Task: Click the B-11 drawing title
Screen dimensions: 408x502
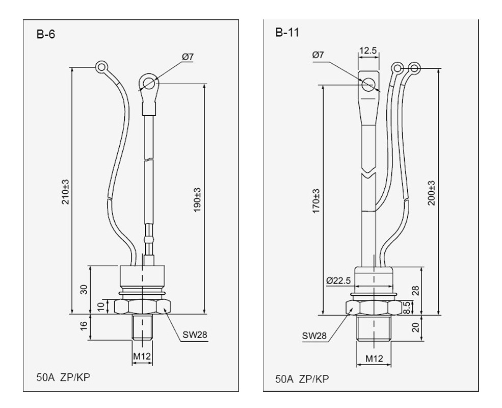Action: click(287, 33)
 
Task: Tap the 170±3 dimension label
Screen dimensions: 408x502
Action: click(316, 201)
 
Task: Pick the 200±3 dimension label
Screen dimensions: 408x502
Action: click(432, 193)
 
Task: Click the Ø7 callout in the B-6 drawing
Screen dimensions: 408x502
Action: click(188, 57)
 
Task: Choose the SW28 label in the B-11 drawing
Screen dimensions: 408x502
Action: click(314, 336)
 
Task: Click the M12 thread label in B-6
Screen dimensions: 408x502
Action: click(142, 356)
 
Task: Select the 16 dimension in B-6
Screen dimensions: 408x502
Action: click(84, 327)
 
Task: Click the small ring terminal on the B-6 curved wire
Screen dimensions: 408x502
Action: click(101, 66)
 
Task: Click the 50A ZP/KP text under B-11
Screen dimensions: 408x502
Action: click(302, 379)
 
